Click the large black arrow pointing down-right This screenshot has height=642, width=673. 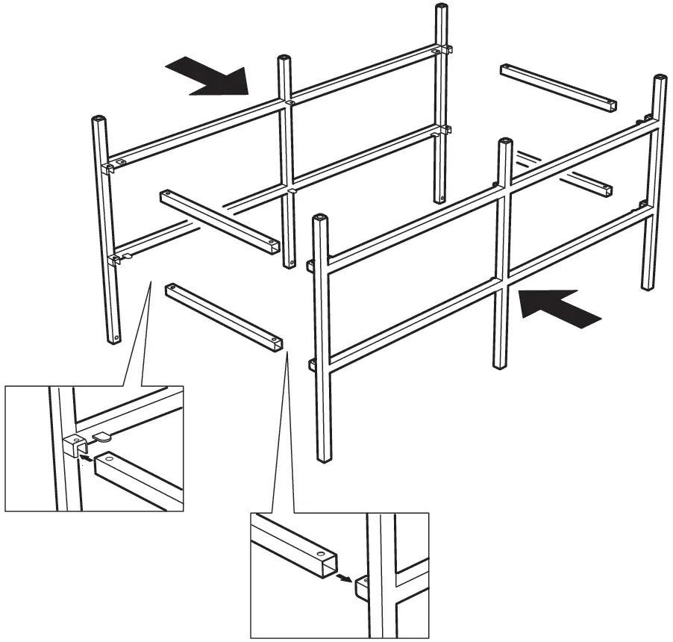(x=208, y=78)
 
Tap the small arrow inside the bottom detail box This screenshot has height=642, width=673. (x=344, y=576)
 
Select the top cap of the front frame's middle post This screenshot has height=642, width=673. (x=505, y=142)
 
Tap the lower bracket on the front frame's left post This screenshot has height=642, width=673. (x=310, y=364)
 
